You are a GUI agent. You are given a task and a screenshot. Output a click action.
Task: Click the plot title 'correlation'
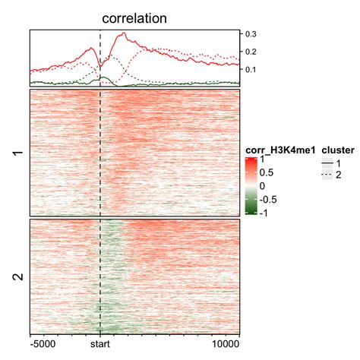click(134, 17)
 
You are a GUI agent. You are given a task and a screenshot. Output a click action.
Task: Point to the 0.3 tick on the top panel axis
click(250, 34)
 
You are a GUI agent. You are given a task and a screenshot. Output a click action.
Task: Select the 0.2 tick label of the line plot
click(250, 52)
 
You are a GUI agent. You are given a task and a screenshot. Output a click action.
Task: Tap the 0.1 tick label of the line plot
click(250, 69)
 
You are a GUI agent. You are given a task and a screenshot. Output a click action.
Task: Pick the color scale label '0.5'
click(268, 172)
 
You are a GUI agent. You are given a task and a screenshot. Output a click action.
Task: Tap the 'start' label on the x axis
click(100, 343)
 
